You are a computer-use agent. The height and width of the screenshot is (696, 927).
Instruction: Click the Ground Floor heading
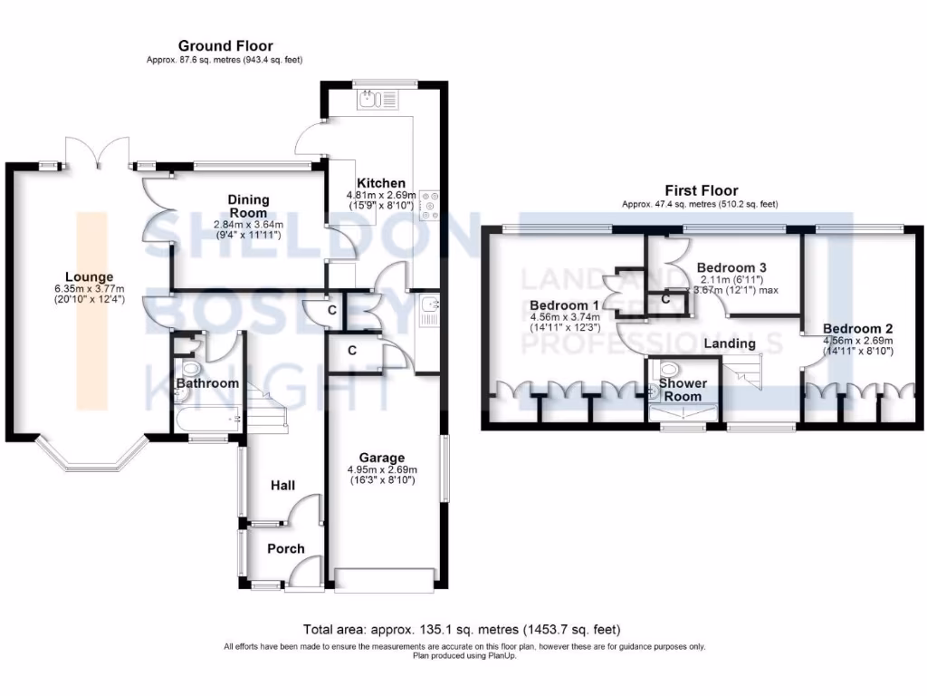(x=225, y=46)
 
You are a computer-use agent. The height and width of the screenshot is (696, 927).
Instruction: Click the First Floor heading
(x=701, y=190)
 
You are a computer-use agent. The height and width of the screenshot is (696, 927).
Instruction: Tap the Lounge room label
(x=89, y=276)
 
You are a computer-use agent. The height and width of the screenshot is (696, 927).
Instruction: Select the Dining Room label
(x=248, y=206)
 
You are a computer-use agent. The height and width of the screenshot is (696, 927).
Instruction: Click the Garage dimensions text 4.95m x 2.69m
(x=379, y=469)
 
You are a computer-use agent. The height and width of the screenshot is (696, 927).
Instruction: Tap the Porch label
(x=285, y=548)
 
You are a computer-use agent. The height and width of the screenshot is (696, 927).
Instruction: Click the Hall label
(x=283, y=487)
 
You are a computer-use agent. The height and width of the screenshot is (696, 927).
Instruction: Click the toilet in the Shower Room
(x=668, y=370)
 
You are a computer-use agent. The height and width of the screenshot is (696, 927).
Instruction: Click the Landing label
(x=730, y=343)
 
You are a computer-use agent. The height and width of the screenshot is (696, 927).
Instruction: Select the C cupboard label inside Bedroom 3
(x=665, y=298)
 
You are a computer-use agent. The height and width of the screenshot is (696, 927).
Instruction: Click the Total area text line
(x=463, y=629)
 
